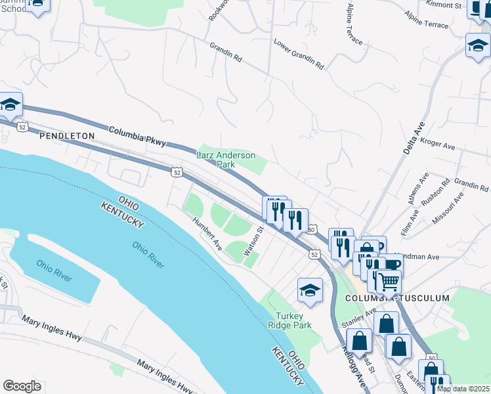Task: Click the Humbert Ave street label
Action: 207,233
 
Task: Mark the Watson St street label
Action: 253,241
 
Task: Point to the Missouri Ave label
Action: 448,209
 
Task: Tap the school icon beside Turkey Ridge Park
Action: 310,290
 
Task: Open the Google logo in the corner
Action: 22,386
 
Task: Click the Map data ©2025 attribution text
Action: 462,389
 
